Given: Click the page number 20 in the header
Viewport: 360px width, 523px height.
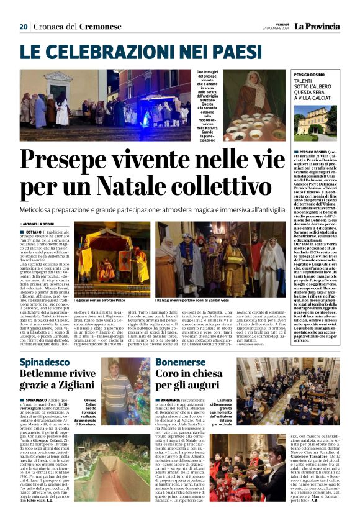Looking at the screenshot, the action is pyautogui.click(x=24, y=27).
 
